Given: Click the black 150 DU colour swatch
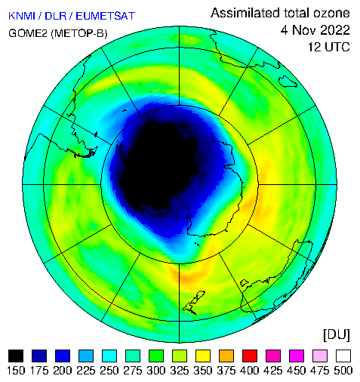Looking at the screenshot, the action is pos(16,356).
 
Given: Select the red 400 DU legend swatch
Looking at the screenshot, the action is pos(250,356).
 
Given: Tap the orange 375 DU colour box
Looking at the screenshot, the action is pos(226,356).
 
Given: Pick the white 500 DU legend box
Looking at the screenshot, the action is pos(343,356).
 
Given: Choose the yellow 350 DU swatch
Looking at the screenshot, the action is pos(203,356).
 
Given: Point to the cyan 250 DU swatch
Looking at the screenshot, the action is pos(109,356).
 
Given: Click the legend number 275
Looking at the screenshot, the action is pos(133,371).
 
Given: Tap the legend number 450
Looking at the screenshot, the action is pos(297,371).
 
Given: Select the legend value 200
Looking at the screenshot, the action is pos(63,371).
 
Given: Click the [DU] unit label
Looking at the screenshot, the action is pos(337,335).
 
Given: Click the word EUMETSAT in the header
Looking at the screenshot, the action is pos(106,16).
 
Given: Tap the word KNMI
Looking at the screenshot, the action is pos(22,16).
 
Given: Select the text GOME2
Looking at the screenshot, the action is pos(28,33).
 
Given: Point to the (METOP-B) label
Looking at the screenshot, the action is pos(79,33).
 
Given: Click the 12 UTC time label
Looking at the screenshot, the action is pos(329,47).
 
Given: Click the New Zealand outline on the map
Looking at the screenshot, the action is pos(194,303).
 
